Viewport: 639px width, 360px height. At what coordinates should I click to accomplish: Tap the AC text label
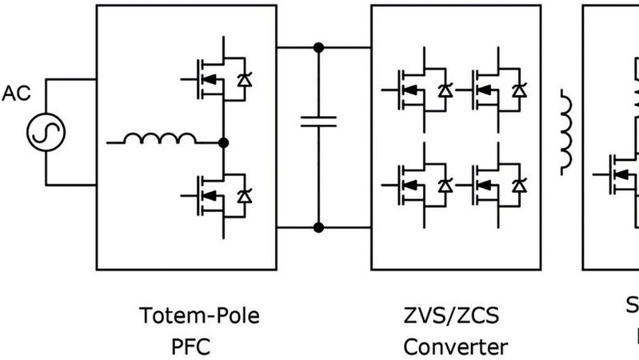point(15,93)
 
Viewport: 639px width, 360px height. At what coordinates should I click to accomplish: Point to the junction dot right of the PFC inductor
point(224,142)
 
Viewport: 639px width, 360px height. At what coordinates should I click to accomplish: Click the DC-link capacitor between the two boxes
point(318,122)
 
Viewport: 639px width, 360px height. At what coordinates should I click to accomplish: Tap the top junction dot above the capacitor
point(318,47)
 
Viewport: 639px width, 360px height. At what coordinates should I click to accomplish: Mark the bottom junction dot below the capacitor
point(318,228)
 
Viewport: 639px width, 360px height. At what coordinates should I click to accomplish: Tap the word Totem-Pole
point(200,315)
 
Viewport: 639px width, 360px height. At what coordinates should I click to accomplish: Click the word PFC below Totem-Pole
point(190,347)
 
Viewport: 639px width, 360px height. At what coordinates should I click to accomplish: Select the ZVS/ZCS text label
point(452,315)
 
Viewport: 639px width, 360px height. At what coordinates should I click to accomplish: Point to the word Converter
point(454,347)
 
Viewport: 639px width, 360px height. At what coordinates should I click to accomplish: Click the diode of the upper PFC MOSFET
point(246,79)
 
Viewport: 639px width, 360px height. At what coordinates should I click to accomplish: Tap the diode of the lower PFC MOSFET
point(246,195)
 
